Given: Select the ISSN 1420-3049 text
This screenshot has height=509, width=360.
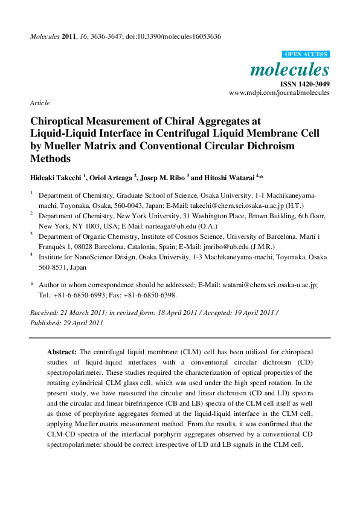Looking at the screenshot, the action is (x=304, y=83).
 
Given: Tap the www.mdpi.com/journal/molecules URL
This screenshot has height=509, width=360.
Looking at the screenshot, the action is (x=280, y=92).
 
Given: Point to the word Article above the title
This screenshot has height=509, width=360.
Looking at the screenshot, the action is (x=40, y=103).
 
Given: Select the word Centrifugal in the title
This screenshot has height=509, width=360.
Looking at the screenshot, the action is (x=220, y=134).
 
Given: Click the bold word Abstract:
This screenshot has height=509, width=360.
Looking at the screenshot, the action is (x=62, y=351).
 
